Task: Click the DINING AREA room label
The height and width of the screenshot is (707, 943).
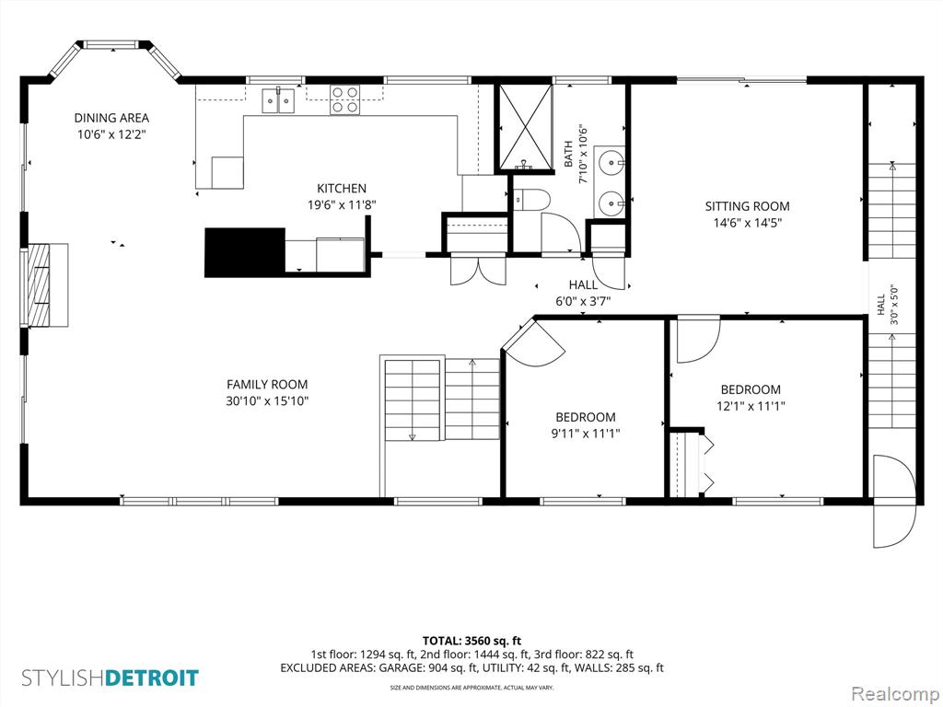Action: click(x=111, y=118)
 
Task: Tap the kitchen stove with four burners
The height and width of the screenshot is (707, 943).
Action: click(x=344, y=99)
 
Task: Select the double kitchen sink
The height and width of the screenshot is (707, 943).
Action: click(x=278, y=99)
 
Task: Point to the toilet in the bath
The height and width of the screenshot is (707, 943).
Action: click(x=532, y=200)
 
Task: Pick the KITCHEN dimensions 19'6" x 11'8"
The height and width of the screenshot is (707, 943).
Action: click(x=342, y=205)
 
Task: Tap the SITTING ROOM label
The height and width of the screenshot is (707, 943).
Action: click(x=747, y=206)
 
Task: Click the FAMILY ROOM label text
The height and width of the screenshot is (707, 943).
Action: click(x=267, y=384)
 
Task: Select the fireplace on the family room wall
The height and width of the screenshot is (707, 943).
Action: click(x=46, y=285)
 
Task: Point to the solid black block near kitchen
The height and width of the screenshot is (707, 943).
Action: click(x=245, y=252)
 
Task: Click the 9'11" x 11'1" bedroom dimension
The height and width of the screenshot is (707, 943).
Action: click(x=585, y=433)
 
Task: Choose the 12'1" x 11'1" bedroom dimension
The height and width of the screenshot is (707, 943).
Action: click(x=751, y=406)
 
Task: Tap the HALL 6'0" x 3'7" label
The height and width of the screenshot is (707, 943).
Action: click(x=583, y=293)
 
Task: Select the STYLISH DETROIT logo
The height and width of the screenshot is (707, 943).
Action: click(x=111, y=678)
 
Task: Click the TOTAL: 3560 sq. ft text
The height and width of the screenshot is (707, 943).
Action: click(x=471, y=641)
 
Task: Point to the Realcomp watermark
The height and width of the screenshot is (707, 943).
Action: click(x=895, y=693)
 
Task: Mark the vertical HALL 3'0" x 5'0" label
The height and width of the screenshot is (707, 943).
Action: click(x=887, y=305)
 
